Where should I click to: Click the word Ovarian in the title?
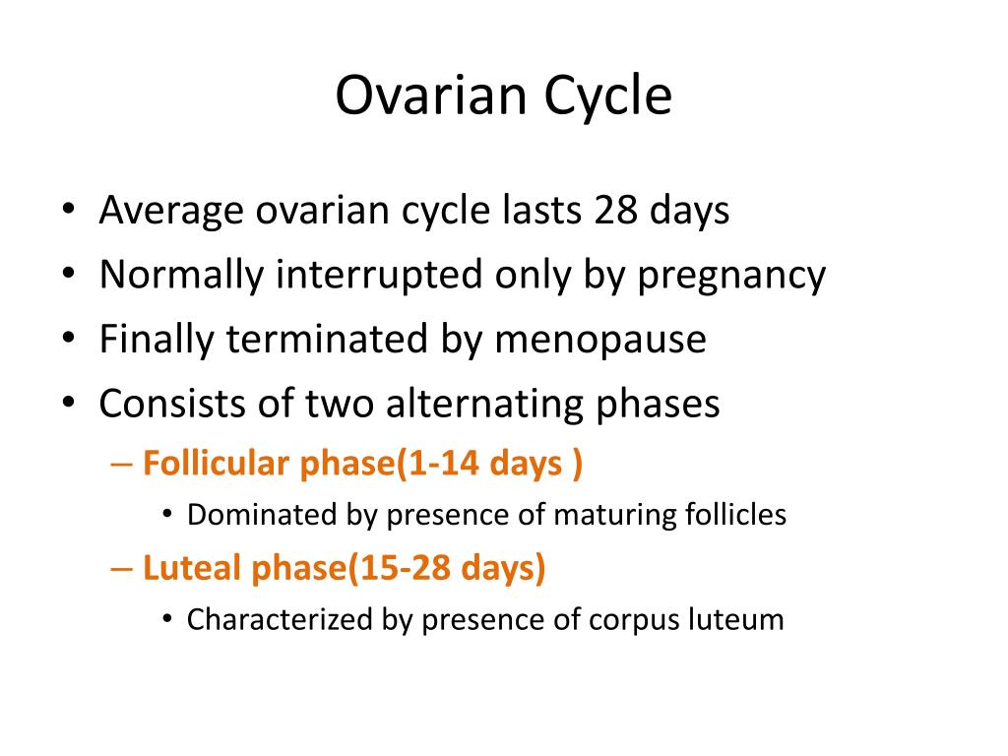pyautogui.click(x=431, y=95)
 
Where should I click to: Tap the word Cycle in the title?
pyautogui.click(x=608, y=96)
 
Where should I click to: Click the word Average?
pyautogui.click(x=171, y=212)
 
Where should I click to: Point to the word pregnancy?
pyautogui.click(x=731, y=277)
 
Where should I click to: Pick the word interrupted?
pyautogui.click(x=379, y=275)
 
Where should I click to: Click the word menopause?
pyautogui.click(x=600, y=341)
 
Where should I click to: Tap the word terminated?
pyautogui.click(x=327, y=339)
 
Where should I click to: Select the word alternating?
pyautogui.click(x=484, y=405)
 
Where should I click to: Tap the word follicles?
pyautogui.click(x=735, y=514)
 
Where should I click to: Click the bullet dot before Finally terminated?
pyautogui.click(x=69, y=338)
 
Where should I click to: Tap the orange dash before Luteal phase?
pyautogui.click(x=121, y=569)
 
